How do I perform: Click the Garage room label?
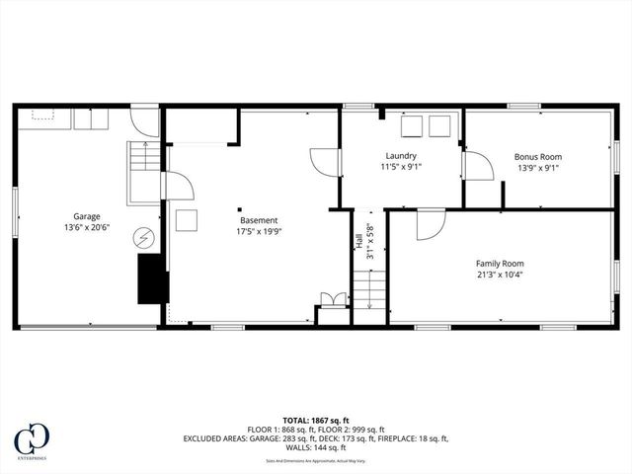pos(87,216)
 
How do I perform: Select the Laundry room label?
pos(400,156)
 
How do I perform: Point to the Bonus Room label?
pos(537,156)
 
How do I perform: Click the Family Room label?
pos(499,264)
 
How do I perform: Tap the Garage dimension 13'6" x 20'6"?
pos(87,227)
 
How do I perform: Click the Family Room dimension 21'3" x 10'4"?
pos(499,276)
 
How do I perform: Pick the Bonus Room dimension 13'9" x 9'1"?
pos(537,168)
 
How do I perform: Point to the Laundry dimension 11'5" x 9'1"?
pos(400,168)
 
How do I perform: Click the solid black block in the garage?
pos(151,278)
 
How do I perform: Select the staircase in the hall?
pos(368,290)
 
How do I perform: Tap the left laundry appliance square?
pos(411,125)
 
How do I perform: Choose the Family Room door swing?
pos(430,226)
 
